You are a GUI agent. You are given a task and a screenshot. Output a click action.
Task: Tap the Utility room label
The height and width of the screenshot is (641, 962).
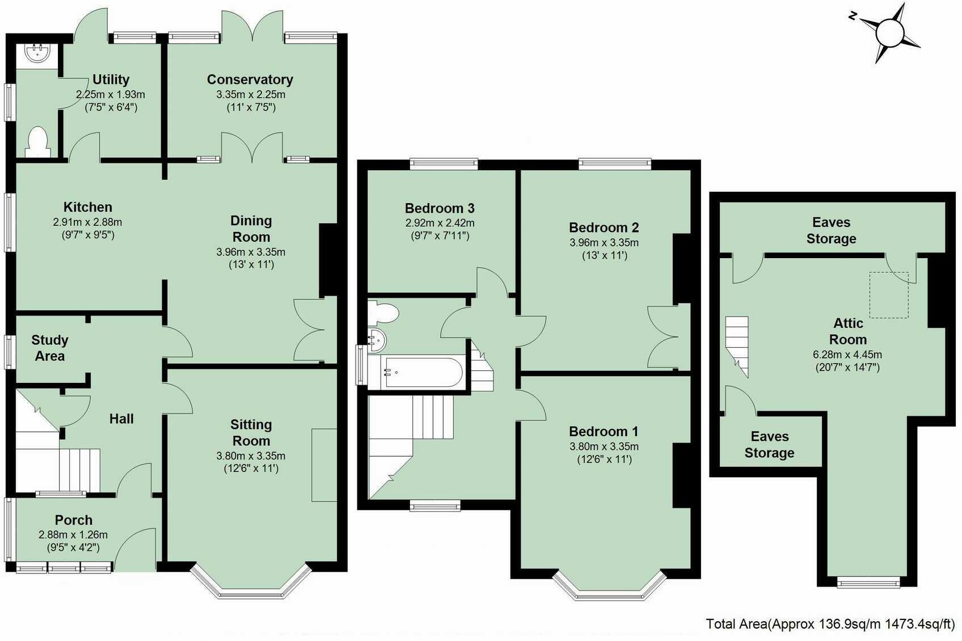coord(111,79)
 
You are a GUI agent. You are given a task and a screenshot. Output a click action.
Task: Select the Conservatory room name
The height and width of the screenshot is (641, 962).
coord(250,79)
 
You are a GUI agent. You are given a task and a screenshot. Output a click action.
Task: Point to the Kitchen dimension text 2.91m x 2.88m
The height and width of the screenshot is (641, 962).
coord(87,222)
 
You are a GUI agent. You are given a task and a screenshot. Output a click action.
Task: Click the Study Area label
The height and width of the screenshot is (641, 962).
coord(50,348)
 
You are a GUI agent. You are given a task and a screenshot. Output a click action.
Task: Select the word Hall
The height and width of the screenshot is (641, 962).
coord(121,419)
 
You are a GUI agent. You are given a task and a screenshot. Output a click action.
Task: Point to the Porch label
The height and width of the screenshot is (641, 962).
coord(74,520)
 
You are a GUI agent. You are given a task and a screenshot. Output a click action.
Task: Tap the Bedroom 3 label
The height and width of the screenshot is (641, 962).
coord(440,208)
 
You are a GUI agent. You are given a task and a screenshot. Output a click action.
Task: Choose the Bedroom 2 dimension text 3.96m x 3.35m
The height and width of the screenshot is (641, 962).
coord(604,242)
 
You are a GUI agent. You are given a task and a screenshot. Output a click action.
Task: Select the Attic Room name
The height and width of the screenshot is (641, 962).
coord(848,331)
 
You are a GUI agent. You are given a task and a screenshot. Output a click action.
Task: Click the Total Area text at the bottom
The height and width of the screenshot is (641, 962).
coord(830,624)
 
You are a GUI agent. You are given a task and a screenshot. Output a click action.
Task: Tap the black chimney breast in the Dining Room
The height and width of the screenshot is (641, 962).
coord(328,259)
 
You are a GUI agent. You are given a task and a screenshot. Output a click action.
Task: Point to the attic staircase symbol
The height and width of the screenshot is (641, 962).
coord(737,347)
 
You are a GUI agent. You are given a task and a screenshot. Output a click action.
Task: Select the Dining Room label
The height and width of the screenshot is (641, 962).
coord(251,229)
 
